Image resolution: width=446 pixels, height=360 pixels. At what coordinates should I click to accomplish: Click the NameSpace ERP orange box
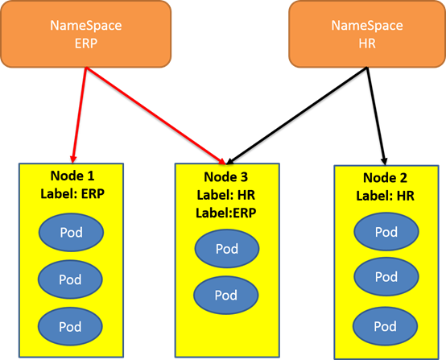point(86,34)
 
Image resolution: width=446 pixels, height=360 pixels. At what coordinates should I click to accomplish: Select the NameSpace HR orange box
point(367,34)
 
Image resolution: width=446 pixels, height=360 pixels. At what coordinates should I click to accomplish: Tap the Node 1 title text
point(72,176)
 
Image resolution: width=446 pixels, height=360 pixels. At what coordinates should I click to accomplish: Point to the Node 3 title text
point(226,177)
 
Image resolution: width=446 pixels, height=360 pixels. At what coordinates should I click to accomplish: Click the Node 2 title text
point(385,178)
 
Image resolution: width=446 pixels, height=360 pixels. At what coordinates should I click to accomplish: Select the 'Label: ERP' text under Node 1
point(72,194)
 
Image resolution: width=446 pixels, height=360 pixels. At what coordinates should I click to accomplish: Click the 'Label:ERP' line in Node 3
point(226,213)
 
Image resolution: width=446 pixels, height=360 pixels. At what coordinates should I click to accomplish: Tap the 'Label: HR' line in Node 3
point(226,195)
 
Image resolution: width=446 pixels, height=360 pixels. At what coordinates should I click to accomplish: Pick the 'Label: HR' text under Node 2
point(385,196)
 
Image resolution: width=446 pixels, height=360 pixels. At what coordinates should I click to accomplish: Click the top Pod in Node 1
point(71,233)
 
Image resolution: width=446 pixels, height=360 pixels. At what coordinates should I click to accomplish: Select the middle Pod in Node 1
point(70,279)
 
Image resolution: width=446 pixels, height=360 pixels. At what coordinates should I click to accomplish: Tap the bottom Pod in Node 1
point(70,326)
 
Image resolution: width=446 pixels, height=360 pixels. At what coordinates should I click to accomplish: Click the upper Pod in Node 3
point(227,249)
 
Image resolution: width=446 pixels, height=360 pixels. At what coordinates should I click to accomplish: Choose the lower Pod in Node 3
point(226,295)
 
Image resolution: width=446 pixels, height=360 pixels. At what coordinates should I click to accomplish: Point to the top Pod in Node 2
point(386,232)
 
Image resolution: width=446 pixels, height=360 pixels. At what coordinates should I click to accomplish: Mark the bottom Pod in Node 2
point(385,326)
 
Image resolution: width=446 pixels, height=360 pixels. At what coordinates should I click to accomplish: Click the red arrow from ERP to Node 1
point(80,115)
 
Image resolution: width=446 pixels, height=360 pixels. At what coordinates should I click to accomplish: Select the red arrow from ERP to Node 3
point(155,116)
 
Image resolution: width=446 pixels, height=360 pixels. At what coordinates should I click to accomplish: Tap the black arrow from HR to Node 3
point(297,116)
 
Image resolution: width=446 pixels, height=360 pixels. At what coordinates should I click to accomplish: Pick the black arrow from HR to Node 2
point(376,116)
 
